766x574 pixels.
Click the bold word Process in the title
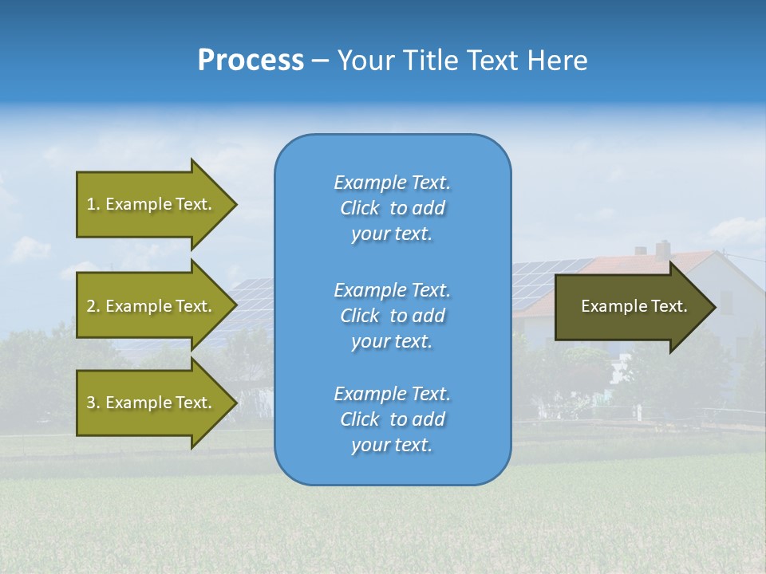tap(251, 61)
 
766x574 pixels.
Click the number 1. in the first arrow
tap(93, 204)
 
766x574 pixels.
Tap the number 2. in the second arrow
tap(93, 306)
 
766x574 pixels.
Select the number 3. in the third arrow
tap(93, 403)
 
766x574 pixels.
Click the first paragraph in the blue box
tap(392, 208)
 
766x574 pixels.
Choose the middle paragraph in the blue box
tap(392, 315)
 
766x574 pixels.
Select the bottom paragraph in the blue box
tap(392, 419)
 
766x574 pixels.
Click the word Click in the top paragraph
tap(360, 208)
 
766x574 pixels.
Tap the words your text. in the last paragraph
tap(392, 445)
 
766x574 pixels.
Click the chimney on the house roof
tap(662, 249)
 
